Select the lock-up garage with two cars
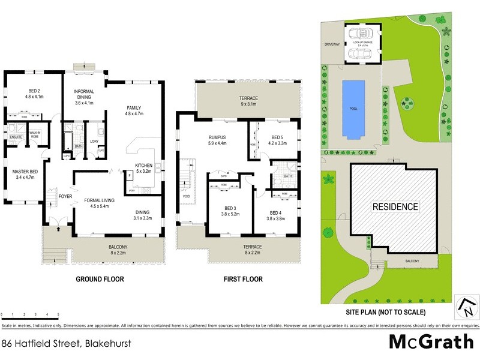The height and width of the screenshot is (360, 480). pyautogui.click(x=362, y=44)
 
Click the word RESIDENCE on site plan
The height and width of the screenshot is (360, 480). pyautogui.click(x=395, y=206)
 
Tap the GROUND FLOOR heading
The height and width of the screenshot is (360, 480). pyautogui.click(x=99, y=280)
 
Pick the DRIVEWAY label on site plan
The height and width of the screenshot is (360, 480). pyautogui.click(x=332, y=44)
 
